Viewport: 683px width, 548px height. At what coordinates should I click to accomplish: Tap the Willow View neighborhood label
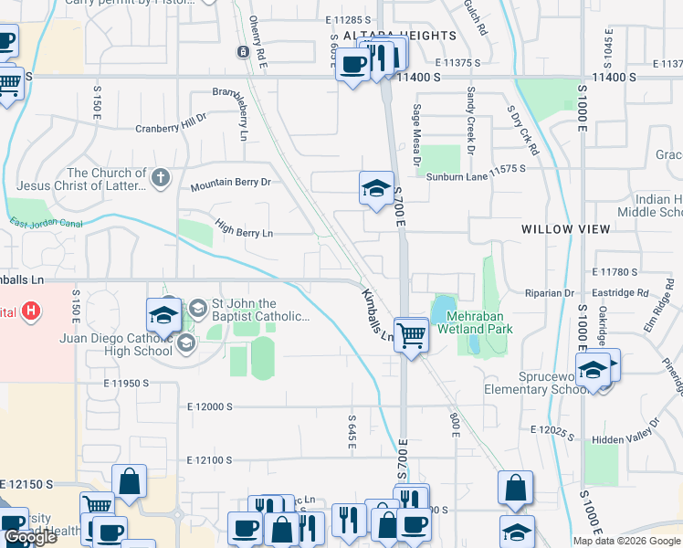(565, 229)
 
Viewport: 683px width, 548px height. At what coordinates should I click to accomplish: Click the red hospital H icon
(32, 311)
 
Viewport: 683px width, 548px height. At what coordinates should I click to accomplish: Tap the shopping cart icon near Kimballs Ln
(412, 335)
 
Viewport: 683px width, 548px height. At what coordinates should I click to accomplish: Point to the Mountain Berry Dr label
(231, 184)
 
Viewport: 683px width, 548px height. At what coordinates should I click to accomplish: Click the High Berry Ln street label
(244, 227)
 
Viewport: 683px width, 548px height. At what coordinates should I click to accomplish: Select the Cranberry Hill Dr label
(172, 124)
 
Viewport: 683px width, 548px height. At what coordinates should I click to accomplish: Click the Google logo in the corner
(31, 538)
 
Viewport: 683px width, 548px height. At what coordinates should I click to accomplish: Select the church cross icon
(161, 177)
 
